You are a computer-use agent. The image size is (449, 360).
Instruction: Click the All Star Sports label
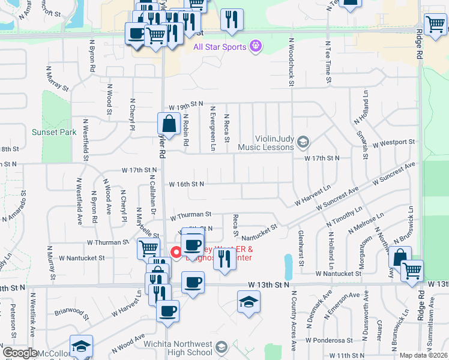coord(220,46)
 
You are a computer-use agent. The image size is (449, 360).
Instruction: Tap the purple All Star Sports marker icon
coord(256,46)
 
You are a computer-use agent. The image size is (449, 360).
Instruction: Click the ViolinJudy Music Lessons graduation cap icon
coord(303,142)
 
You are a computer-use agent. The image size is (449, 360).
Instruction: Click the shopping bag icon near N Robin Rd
coord(169,124)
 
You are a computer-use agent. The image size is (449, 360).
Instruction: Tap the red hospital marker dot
coord(176,252)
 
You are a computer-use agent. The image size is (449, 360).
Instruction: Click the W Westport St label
coord(394,143)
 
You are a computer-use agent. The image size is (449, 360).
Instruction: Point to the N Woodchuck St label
coord(291,62)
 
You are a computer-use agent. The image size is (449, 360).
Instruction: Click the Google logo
coord(20,353)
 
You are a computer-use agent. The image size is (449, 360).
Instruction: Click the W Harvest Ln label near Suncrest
coord(313,196)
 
